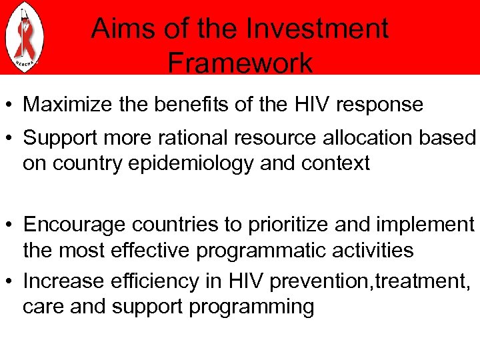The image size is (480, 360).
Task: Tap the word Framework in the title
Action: coord(239,63)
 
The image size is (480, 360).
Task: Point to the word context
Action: coord(332,163)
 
